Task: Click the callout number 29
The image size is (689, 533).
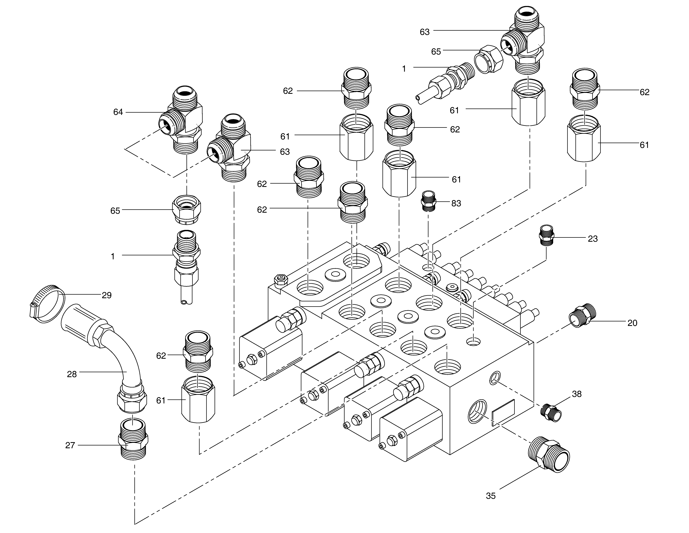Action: point(107,295)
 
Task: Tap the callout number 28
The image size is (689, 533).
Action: point(72,374)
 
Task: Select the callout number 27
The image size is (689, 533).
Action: point(70,445)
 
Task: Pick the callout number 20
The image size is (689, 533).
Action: point(632,323)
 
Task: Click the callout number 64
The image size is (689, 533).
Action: point(118,112)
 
